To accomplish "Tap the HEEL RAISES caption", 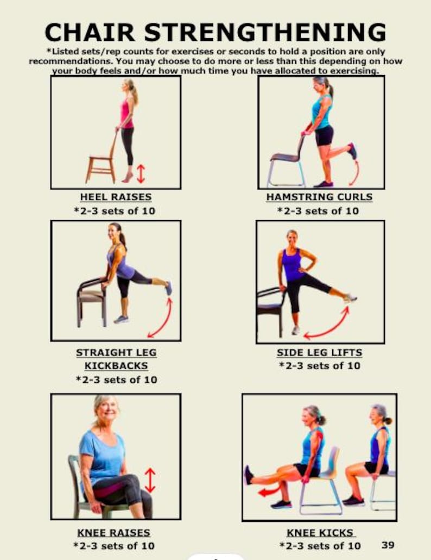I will click(x=116, y=197).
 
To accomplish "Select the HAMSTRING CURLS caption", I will click(x=319, y=197).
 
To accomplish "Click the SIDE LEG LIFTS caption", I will click(x=319, y=352).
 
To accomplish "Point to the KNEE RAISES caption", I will click(x=114, y=532).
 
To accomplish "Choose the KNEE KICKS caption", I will click(x=320, y=532).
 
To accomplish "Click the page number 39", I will click(x=388, y=544).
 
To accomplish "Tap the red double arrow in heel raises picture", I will click(x=141, y=173).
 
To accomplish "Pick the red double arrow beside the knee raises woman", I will click(x=150, y=481).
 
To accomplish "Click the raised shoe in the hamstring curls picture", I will click(x=353, y=151).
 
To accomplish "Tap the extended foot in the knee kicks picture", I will click(x=249, y=474).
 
